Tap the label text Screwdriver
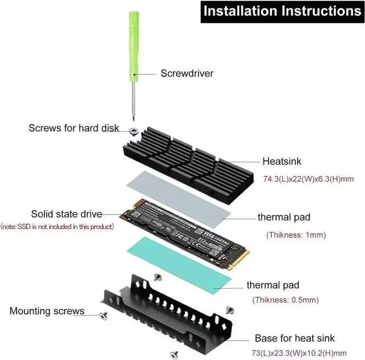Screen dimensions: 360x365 point(186,73)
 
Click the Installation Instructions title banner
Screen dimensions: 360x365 point(282,11)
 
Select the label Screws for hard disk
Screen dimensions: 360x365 point(74,128)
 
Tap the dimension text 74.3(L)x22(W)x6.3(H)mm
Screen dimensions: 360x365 point(308,179)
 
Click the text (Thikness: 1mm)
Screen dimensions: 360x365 point(295,235)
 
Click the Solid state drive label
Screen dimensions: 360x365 point(66,214)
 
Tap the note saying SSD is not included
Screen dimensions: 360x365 point(57,226)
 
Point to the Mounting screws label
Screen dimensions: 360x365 point(47,312)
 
